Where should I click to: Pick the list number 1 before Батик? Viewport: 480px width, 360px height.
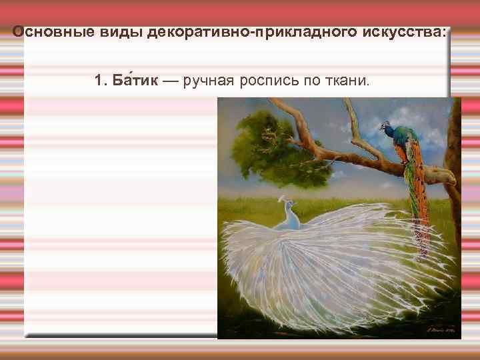100,81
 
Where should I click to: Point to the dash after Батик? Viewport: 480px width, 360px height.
171,81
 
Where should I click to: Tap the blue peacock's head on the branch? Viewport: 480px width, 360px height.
385,126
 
